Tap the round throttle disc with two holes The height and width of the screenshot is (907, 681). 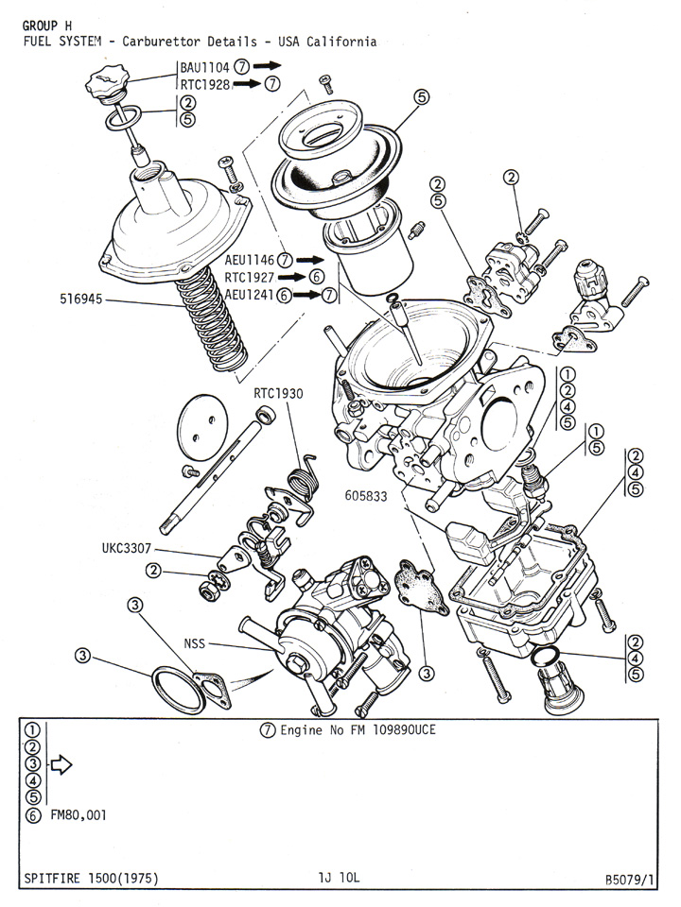(x=201, y=422)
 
